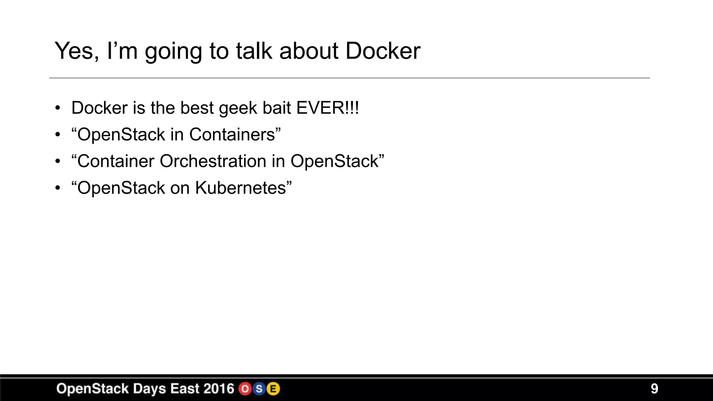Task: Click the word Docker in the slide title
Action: pyautogui.click(x=383, y=51)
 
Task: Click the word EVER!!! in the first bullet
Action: pyautogui.click(x=327, y=108)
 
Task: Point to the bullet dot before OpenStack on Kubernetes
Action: pyautogui.click(x=57, y=188)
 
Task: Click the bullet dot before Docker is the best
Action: pyautogui.click(x=57, y=108)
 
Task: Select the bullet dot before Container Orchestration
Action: pyautogui.click(x=57, y=162)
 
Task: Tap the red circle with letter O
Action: pyautogui.click(x=245, y=389)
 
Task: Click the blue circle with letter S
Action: pyautogui.click(x=259, y=389)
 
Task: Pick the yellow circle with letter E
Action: pyautogui.click(x=273, y=389)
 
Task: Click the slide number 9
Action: pyautogui.click(x=654, y=388)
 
